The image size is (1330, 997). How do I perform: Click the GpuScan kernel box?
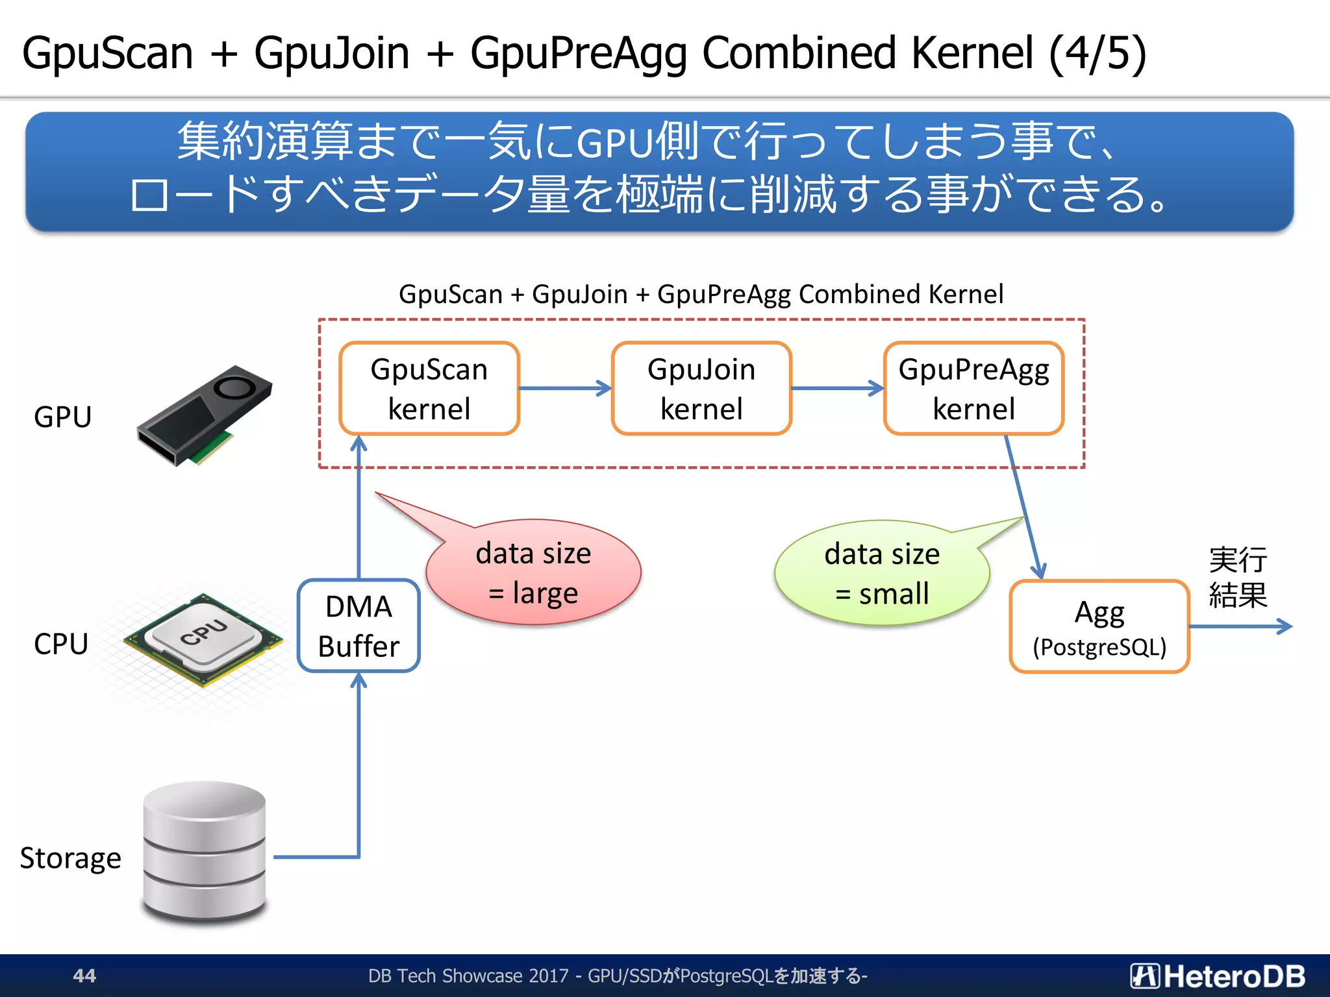click(x=429, y=388)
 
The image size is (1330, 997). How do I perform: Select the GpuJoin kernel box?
click(x=701, y=388)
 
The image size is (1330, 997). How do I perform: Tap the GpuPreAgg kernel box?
click(x=973, y=388)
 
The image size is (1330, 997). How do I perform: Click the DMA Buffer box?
click(x=358, y=626)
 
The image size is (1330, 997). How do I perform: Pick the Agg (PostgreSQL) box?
click(x=1099, y=627)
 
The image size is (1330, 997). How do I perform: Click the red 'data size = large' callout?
click(x=534, y=572)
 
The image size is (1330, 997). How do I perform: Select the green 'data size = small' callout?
click(x=882, y=573)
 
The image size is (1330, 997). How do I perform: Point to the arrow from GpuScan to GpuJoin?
click(x=565, y=388)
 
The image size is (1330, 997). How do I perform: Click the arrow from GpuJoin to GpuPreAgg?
click(x=838, y=388)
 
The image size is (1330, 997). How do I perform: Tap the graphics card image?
click(x=205, y=415)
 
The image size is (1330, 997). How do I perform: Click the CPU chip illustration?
click(x=204, y=639)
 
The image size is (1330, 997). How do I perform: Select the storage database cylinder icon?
click(x=205, y=852)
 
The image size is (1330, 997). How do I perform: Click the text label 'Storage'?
click(x=70, y=858)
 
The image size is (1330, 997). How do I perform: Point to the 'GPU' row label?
click(x=62, y=417)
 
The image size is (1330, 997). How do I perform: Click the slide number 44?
click(x=84, y=976)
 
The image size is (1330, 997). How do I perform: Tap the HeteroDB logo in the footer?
click(x=1217, y=976)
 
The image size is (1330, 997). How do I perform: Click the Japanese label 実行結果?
click(x=1237, y=577)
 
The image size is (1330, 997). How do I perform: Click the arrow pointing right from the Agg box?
click(x=1240, y=626)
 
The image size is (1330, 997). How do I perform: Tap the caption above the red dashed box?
click(x=701, y=294)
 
